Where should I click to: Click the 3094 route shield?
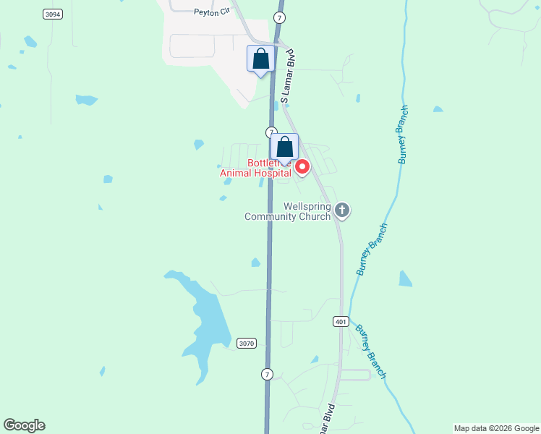pos(51,14)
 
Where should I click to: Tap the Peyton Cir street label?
pos(210,12)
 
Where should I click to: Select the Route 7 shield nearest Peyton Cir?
pos(279,17)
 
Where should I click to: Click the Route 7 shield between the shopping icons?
pos(270,132)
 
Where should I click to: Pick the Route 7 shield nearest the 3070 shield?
pos(268,374)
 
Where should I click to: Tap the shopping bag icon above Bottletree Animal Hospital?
pos(285,146)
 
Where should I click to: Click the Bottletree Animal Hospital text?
pos(257,169)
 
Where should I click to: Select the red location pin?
pos(302,168)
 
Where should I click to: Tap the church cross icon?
pos(342,210)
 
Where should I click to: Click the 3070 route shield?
pos(247,344)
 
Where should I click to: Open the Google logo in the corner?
pos(25,425)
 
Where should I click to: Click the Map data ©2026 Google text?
pos(496,428)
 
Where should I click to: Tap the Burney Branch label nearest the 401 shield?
pos(370,352)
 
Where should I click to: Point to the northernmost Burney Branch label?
pos(403,135)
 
